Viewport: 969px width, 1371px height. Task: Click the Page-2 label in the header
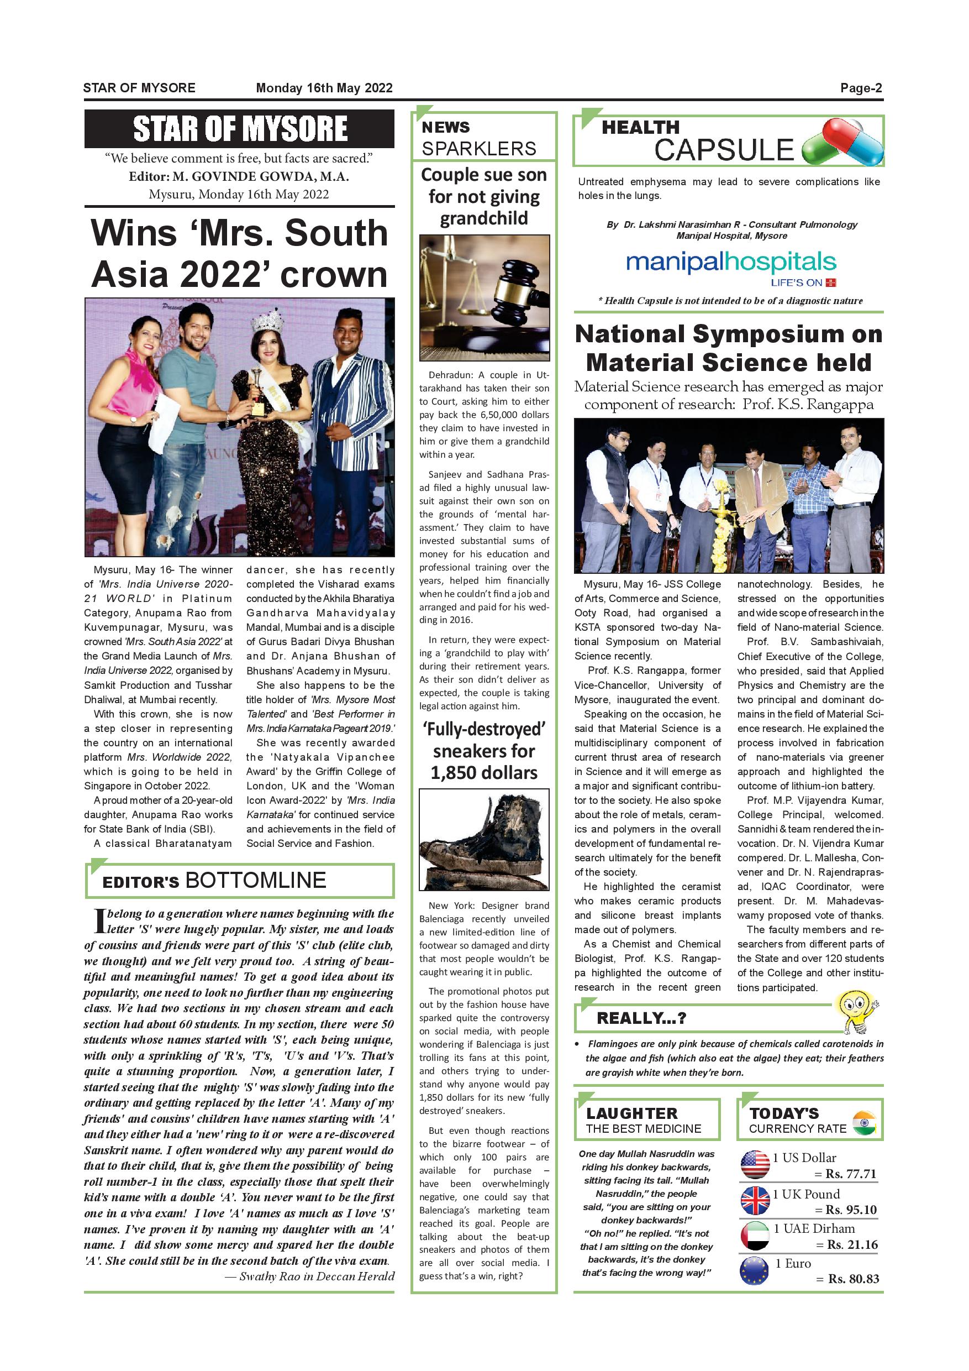tap(860, 88)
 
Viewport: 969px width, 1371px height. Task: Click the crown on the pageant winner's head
tap(267, 321)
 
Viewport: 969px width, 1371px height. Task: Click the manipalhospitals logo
tap(731, 263)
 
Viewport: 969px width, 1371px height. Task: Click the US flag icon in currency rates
tap(755, 1164)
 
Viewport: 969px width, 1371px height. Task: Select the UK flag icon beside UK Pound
tap(755, 1200)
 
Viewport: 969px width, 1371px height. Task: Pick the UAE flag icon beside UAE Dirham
tap(755, 1236)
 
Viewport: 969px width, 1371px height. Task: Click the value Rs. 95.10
tap(851, 1210)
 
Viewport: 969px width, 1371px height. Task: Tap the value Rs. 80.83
tap(853, 1279)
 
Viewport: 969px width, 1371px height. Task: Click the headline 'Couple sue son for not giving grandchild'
tap(484, 196)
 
